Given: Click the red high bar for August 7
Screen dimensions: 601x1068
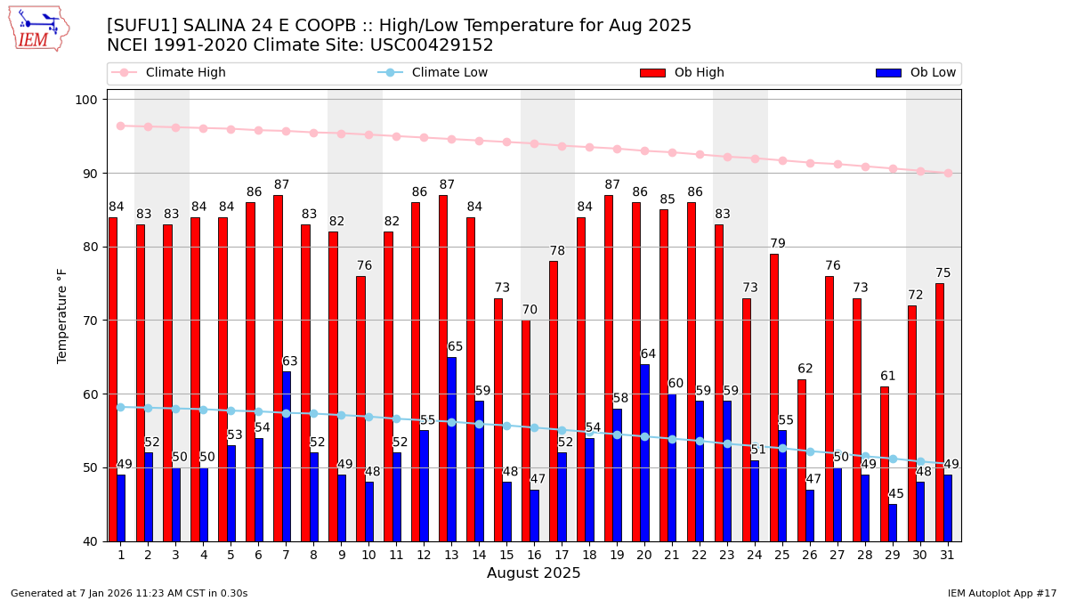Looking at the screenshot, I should coord(278,368).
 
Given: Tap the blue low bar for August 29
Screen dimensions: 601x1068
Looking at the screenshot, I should coord(893,523).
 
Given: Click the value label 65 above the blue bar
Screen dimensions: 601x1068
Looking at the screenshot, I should coord(455,347).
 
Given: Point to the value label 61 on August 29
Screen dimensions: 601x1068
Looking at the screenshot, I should coord(888,377).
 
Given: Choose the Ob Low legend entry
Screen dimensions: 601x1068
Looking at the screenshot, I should coord(916,73).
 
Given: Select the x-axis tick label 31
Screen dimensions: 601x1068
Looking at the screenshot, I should coord(947,556).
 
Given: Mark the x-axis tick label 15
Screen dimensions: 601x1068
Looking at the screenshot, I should coord(506,556).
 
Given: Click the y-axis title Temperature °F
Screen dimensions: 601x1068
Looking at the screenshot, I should coord(62,315).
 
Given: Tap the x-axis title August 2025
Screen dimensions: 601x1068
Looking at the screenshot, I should coord(533,574).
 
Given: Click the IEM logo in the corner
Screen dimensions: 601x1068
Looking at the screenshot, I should coord(38,28).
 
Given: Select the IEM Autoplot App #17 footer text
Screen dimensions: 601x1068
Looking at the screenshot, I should coord(1001,593).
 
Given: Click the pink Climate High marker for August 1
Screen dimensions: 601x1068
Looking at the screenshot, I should coord(120,126).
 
